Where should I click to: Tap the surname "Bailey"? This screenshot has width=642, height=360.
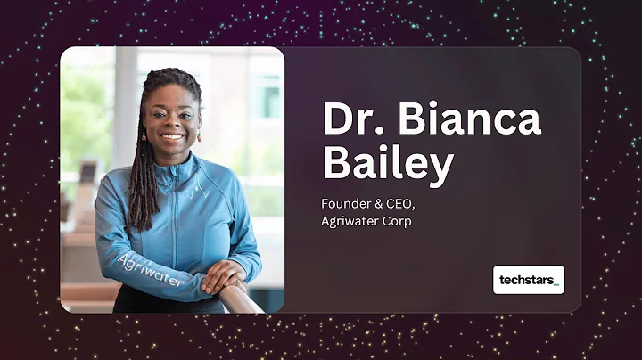pyautogui.click(x=389, y=166)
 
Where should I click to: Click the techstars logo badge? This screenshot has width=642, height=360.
pyautogui.click(x=528, y=280)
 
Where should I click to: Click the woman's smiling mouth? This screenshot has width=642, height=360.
pyautogui.click(x=173, y=138)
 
